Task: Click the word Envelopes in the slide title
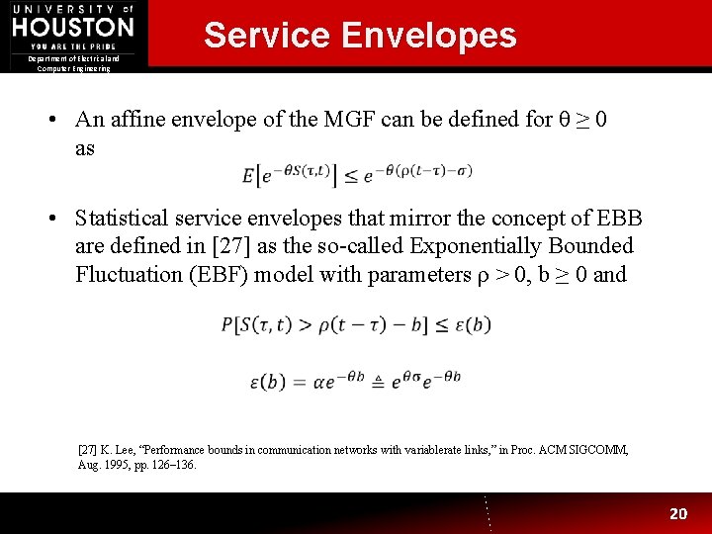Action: point(428,36)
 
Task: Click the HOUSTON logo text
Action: point(72,27)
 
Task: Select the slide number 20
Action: point(678,513)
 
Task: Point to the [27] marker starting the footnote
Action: point(87,450)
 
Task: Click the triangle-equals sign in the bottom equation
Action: point(378,380)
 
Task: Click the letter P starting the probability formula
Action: point(228,324)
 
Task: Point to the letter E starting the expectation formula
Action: point(248,176)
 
